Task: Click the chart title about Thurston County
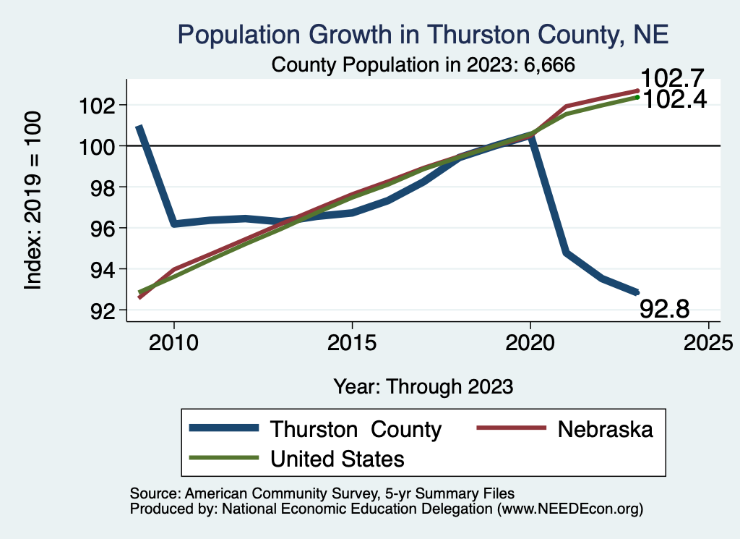pyautogui.click(x=423, y=34)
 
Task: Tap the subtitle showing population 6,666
pyautogui.click(x=423, y=65)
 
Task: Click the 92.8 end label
pyautogui.click(x=665, y=309)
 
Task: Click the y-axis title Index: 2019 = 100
pyautogui.click(x=33, y=200)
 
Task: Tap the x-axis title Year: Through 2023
pyautogui.click(x=423, y=386)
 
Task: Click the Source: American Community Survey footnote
pyautogui.click(x=322, y=493)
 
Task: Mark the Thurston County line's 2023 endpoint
pyautogui.click(x=637, y=292)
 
